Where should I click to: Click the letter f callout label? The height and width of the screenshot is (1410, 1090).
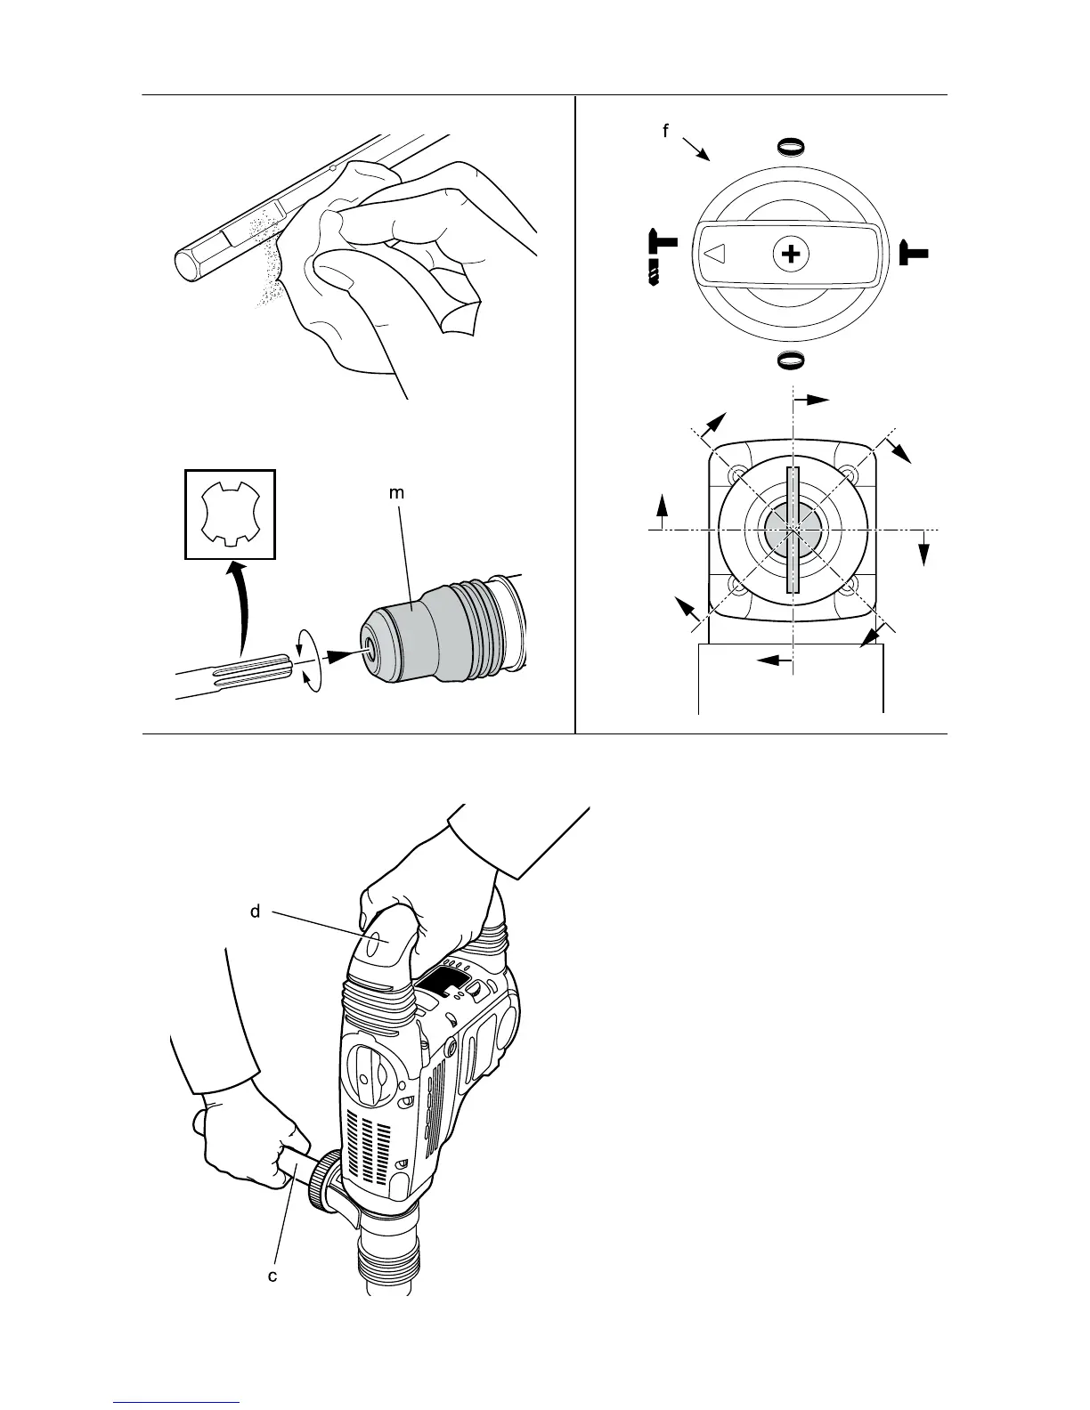pyautogui.click(x=664, y=132)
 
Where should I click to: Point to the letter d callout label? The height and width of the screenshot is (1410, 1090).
pyautogui.click(x=255, y=912)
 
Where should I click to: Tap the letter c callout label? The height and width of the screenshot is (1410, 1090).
pyautogui.click(x=273, y=1276)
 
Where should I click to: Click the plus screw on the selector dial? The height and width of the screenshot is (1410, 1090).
pyautogui.click(x=790, y=255)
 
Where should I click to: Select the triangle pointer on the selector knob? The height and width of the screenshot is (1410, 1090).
pyautogui.click(x=715, y=255)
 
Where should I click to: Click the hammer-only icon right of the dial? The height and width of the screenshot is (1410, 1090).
pyautogui.click(x=913, y=253)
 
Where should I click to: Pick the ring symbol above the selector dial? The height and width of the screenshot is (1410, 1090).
pyautogui.click(x=791, y=146)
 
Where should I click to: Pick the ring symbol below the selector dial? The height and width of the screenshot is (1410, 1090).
pyautogui.click(x=791, y=361)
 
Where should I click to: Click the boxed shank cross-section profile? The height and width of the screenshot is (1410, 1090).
pyautogui.click(x=230, y=514)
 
